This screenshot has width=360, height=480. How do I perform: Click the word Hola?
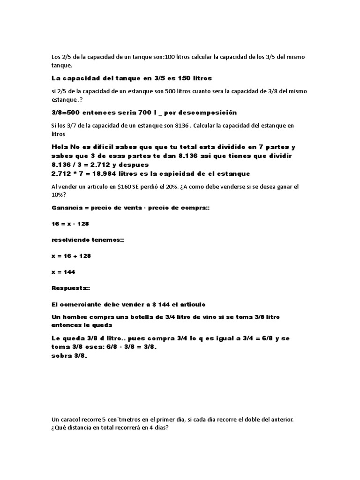point(60,147)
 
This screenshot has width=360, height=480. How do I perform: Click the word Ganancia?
point(67,207)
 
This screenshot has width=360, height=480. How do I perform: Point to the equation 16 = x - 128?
point(70,224)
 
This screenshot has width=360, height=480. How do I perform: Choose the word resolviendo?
point(72,240)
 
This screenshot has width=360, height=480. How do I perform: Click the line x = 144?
point(63,272)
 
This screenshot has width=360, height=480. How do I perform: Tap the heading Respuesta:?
point(69,288)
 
